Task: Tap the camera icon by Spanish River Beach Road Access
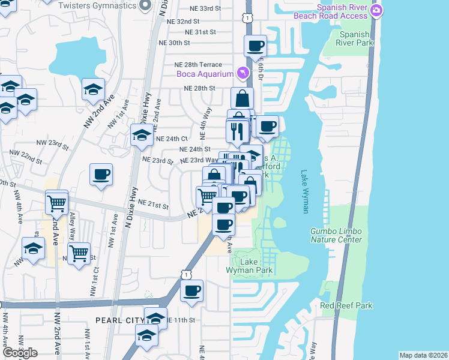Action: click(376, 10)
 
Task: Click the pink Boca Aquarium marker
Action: click(243, 73)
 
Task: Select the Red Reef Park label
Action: click(346, 305)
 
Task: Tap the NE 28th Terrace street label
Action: click(198, 64)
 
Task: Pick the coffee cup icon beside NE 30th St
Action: click(255, 46)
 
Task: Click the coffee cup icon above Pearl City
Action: click(192, 292)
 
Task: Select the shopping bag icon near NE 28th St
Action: click(241, 98)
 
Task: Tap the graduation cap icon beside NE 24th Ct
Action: click(142, 136)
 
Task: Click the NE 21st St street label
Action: click(153, 205)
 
